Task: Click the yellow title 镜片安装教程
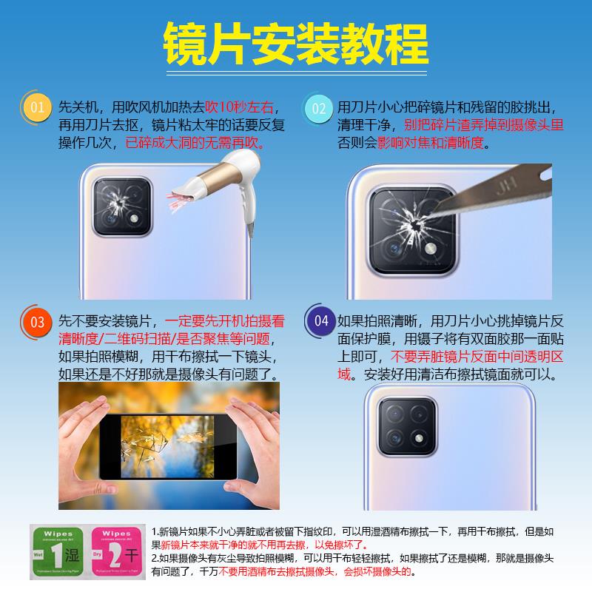(296, 42)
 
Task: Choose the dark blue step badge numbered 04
(320, 320)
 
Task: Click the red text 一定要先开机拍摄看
(225, 322)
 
